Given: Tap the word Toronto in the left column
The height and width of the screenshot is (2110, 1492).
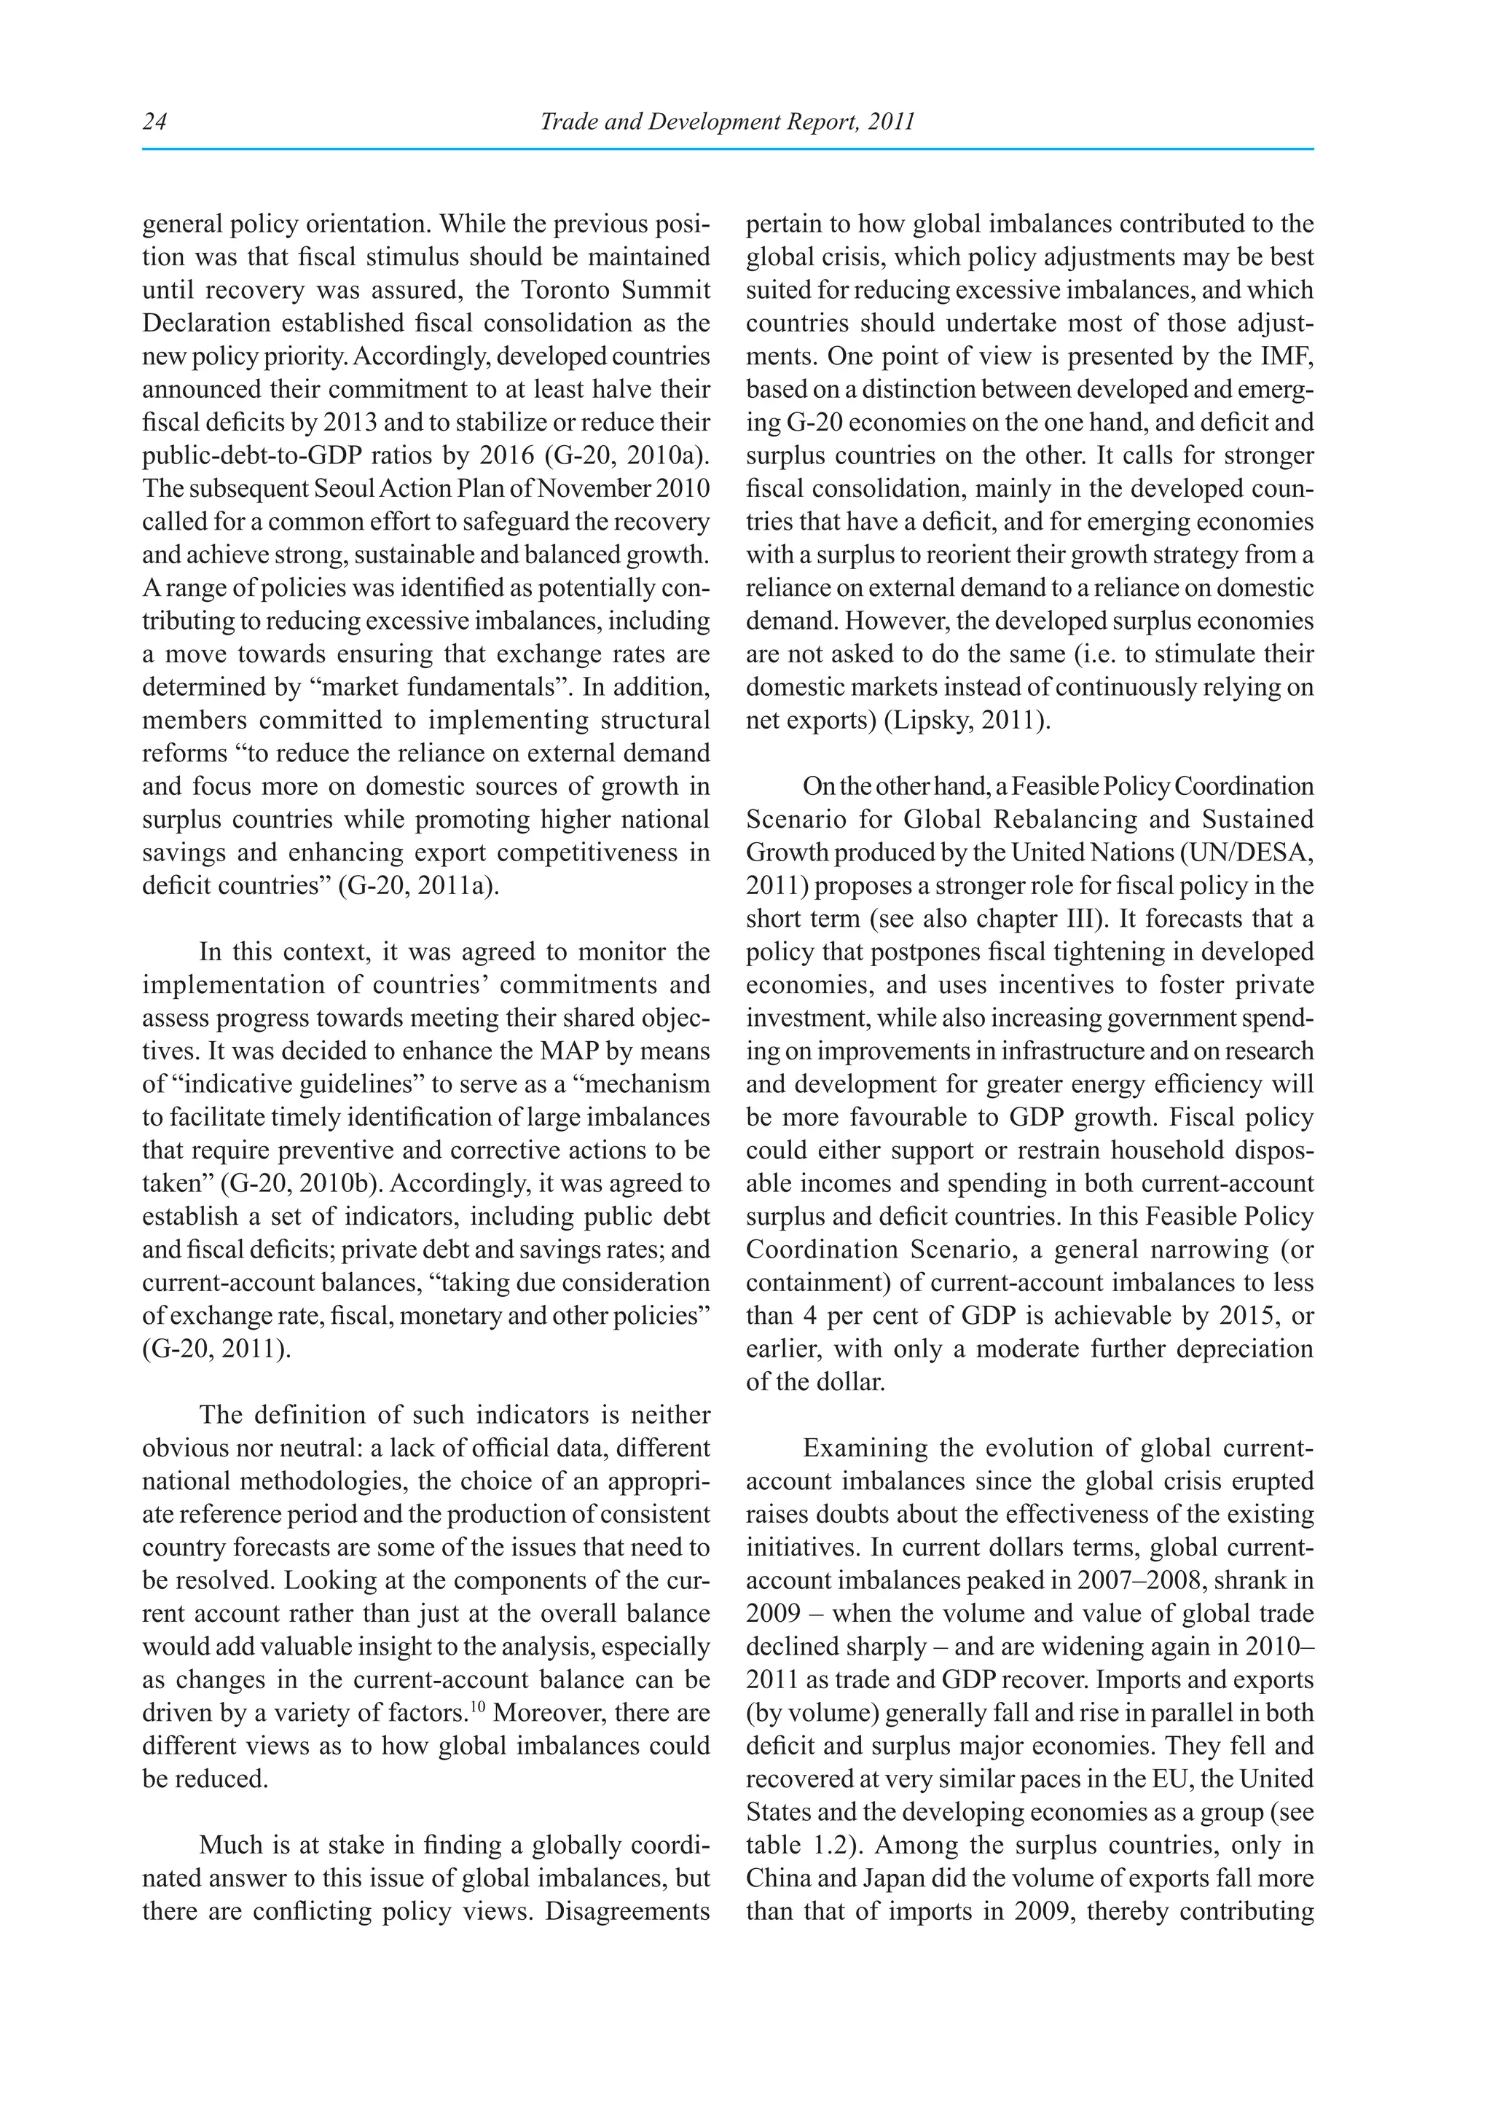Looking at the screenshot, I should pos(562,291).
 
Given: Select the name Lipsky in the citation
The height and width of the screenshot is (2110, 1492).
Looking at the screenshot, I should pos(932,721).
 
